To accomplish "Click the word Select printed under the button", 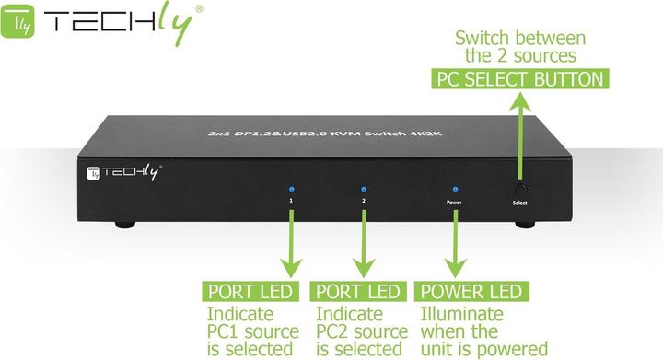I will [521, 201].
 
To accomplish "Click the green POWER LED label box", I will [471, 292].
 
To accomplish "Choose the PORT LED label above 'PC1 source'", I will [250, 292].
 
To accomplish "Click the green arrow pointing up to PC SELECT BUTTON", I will [521, 129].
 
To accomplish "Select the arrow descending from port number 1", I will [291, 244].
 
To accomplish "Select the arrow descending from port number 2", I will [364, 244].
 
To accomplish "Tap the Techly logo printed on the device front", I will [123, 171].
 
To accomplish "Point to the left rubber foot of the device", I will [123, 225].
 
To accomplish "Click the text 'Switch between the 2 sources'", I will [520, 47].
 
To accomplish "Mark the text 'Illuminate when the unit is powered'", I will [483, 331].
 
